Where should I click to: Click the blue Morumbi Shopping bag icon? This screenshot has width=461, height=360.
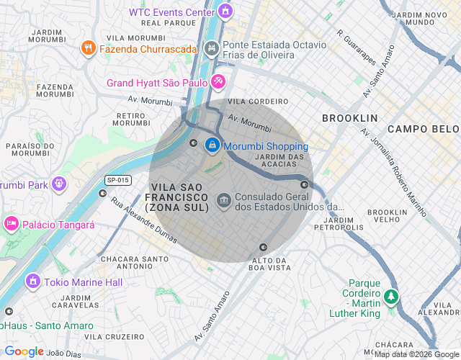point(212,145)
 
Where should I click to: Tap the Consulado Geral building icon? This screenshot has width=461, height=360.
point(224,198)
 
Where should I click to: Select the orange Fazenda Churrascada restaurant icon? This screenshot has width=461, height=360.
point(89,48)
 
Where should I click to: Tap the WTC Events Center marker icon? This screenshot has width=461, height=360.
point(225,12)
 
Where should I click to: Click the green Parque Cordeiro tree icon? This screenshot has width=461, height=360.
point(390,296)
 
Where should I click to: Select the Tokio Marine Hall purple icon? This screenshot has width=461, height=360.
point(32,281)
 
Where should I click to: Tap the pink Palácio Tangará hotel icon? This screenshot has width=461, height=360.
point(12,224)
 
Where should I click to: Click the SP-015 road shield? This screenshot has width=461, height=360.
point(117,180)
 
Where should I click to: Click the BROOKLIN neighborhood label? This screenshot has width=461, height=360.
point(349,117)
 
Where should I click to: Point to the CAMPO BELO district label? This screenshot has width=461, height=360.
point(423,128)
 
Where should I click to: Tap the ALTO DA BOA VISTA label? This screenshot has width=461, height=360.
point(269,264)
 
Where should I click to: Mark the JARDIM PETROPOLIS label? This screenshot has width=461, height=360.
point(339,223)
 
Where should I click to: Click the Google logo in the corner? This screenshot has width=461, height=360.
point(24,351)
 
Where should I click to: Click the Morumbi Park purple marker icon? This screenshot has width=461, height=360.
point(58,184)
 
